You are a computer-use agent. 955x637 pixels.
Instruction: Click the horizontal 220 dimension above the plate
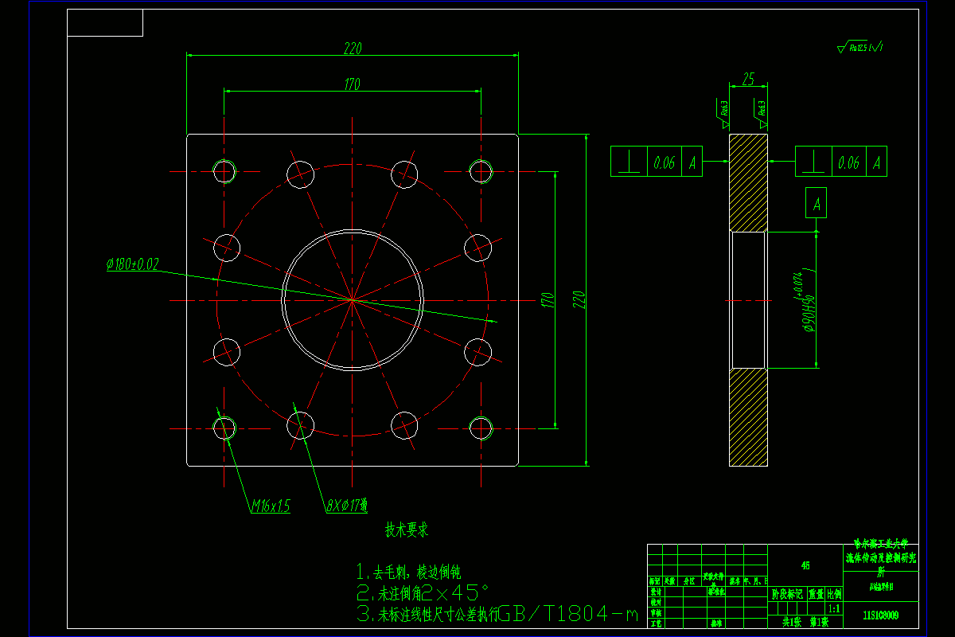point(353,49)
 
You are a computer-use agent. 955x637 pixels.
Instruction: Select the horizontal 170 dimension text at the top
point(353,84)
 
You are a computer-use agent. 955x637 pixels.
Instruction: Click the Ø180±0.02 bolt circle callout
point(132,264)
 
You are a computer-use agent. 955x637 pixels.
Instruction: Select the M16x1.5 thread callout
point(271,506)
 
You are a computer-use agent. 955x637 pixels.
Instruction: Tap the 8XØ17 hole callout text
point(346,505)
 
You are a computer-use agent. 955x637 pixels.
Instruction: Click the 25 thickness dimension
point(748,80)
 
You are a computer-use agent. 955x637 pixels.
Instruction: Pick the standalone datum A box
point(817,204)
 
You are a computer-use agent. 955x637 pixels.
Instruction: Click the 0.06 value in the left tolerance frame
point(664,162)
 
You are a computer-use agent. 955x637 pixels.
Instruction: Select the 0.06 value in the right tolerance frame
point(848,162)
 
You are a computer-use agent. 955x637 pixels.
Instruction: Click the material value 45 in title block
point(805,565)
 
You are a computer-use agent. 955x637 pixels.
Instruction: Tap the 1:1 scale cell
point(834,608)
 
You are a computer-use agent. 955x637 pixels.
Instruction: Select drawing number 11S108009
point(880,615)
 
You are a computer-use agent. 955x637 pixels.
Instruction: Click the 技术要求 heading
point(407,530)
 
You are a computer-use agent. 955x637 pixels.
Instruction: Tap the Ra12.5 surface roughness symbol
point(860,49)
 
